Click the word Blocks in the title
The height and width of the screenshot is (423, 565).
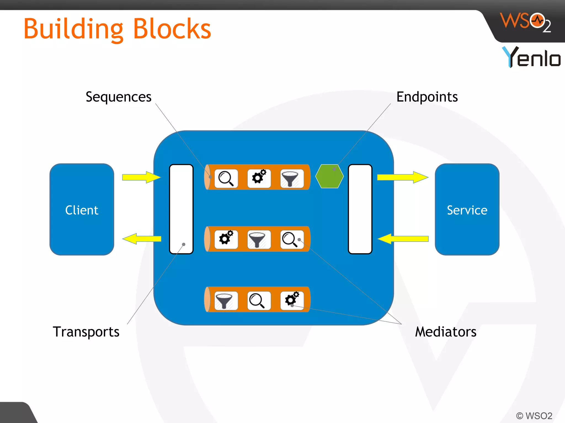(172, 29)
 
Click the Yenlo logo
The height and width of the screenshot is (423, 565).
(531, 57)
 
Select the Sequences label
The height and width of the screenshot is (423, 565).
(118, 97)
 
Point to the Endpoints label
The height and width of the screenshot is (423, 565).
(427, 97)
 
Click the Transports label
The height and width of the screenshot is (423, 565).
(86, 332)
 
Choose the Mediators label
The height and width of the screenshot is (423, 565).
(446, 332)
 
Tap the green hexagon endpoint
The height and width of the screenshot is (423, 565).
(329, 177)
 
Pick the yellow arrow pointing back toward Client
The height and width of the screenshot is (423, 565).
(142, 238)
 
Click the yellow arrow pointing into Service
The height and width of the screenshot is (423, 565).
(403, 177)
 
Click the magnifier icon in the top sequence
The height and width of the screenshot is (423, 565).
(226, 178)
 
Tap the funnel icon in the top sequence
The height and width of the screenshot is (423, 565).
(292, 178)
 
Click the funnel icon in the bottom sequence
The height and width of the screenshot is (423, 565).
(226, 300)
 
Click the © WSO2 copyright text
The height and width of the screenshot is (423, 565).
(534, 416)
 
